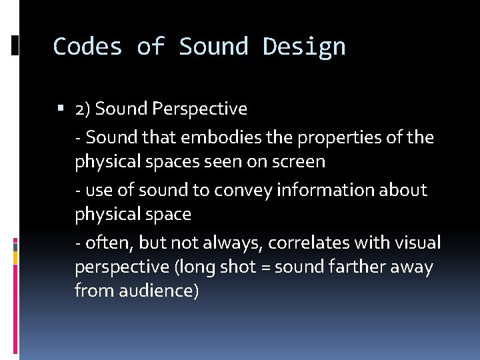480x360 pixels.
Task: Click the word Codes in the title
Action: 87,47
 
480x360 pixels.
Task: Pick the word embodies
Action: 206,137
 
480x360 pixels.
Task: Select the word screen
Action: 299,162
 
